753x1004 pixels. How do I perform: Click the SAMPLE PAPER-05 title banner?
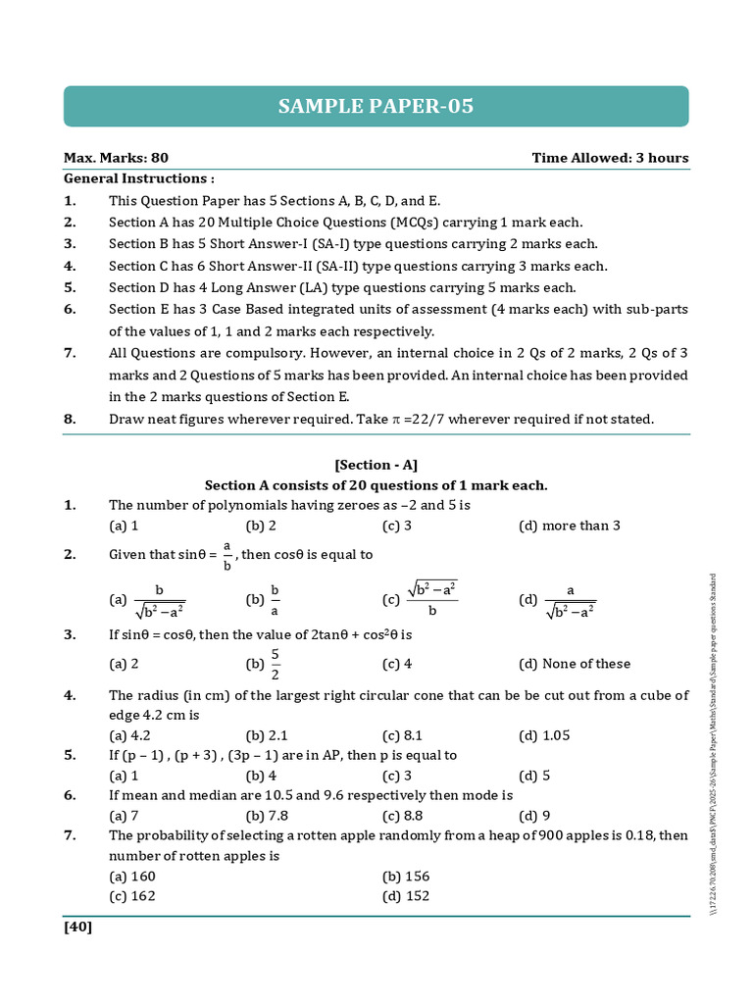[376, 106]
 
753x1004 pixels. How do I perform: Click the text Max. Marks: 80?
[116, 158]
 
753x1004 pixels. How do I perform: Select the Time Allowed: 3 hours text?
[610, 158]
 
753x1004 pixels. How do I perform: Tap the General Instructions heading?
[138, 178]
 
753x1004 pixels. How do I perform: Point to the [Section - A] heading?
[376, 466]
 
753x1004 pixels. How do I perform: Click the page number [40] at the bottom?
[78, 927]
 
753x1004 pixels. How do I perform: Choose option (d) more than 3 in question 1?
[569, 526]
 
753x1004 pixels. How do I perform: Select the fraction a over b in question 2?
[226, 554]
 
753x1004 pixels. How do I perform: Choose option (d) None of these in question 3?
[574, 664]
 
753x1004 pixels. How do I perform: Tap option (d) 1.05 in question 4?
[544, 735]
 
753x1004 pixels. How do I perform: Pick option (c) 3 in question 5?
[396, 776]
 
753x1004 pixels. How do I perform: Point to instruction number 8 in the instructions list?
[70, 419]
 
